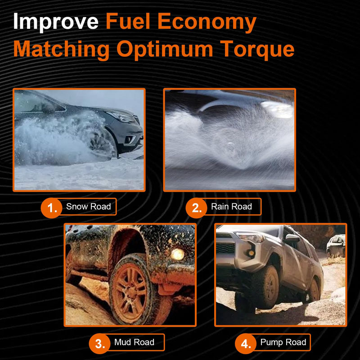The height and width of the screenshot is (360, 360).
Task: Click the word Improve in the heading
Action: [x=55, y=22]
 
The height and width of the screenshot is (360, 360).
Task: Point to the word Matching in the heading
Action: [x=61, y=49]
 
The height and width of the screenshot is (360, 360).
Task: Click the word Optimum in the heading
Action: [x=165, y=49]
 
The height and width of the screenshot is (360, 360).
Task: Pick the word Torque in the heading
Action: [x=257, y=49]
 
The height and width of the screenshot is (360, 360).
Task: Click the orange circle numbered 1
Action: [x=51, y=208]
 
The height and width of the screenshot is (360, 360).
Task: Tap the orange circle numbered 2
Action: [x=197, y=208]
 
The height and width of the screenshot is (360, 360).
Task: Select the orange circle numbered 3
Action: [x=99, y=344]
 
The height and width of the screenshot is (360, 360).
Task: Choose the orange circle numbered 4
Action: [x=246, y=344]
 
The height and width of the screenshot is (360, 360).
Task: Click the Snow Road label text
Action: [x=88, y=207]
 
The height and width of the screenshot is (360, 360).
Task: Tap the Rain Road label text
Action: [x=231, y=207]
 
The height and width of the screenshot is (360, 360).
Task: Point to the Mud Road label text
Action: [x=134, y=342]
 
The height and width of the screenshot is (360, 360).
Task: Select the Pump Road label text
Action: [x=283, y=342]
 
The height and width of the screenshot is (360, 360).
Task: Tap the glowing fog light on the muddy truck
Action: [x=177, y=254]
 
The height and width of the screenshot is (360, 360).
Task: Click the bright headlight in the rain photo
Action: [x=278, y=108]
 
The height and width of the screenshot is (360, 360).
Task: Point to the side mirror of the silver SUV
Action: [x=292, y=239]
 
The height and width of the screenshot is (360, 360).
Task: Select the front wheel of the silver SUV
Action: [x=266, y=287]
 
